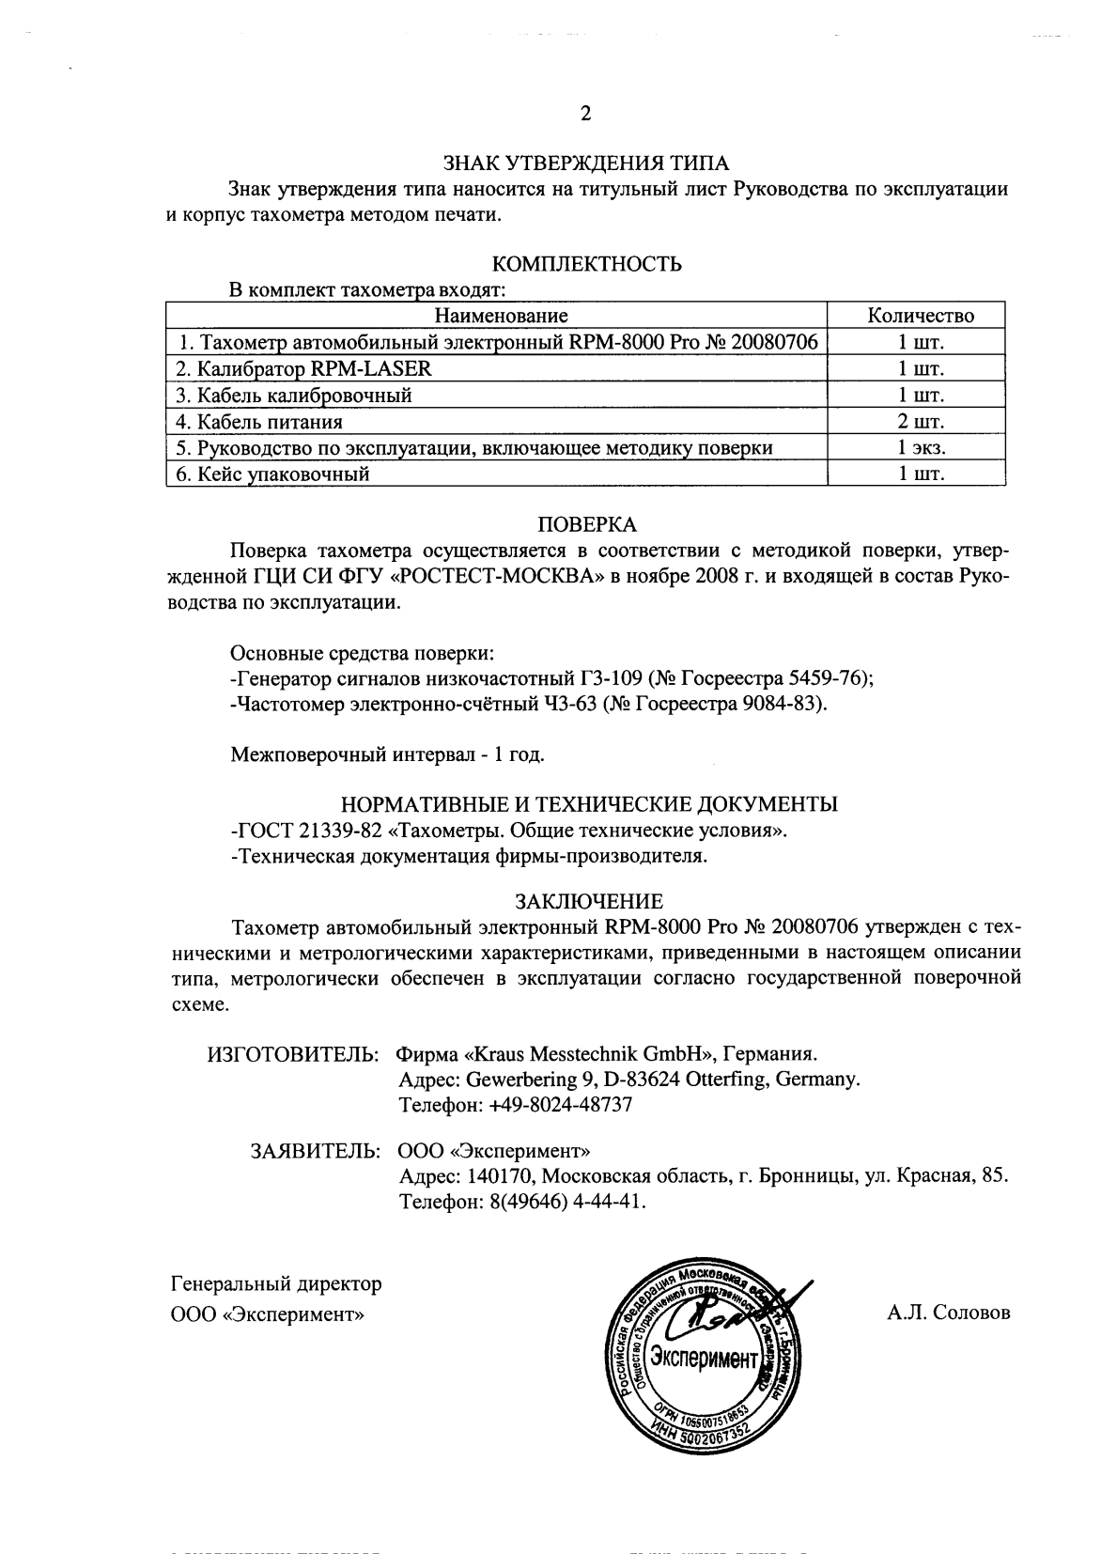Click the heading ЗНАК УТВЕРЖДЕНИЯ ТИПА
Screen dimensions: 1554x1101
point(586,163)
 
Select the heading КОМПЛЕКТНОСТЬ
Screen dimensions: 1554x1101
point(587,264)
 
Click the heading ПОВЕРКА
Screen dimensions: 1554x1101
point(587,523)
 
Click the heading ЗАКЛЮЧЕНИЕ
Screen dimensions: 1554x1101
point(587,902)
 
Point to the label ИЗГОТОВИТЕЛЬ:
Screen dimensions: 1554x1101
point(292,1052)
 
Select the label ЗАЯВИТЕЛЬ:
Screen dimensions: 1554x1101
point(315,1150)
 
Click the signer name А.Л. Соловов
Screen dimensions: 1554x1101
point(948,1313)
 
